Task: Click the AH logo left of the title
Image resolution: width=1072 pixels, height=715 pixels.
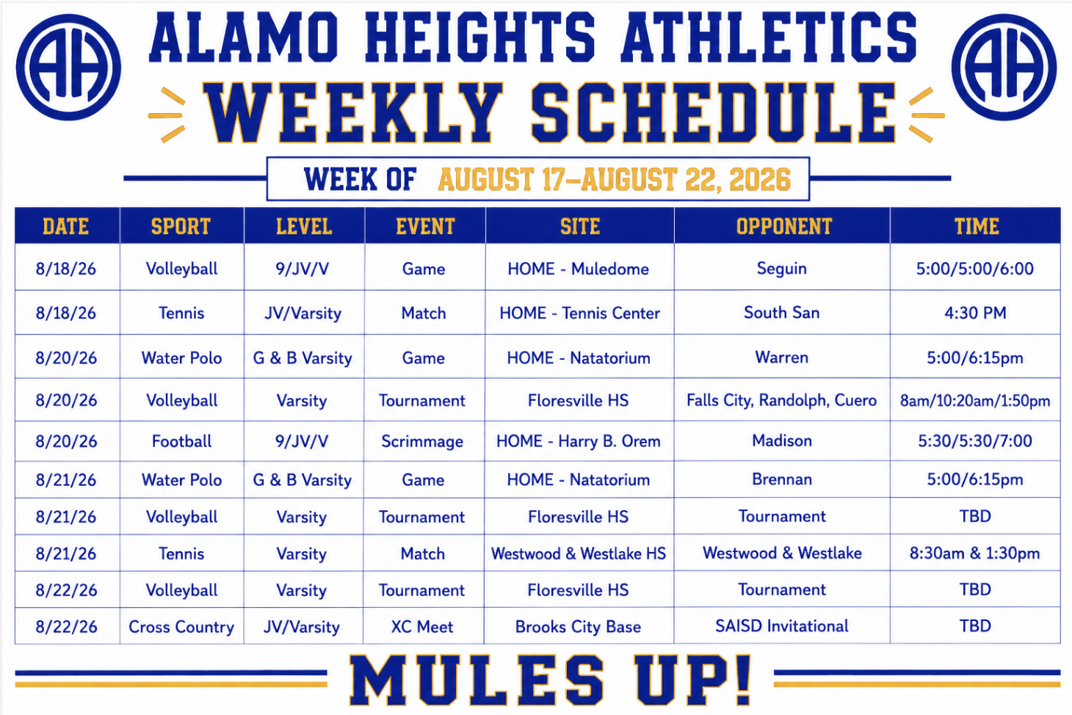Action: pos(68,67)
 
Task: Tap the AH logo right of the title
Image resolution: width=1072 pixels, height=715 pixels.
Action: pos(1004,67)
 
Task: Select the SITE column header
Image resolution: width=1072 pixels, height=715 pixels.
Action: pos(580,226)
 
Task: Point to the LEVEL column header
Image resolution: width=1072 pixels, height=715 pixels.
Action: pos(304,226)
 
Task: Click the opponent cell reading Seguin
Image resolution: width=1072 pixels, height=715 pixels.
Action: pos(781,268)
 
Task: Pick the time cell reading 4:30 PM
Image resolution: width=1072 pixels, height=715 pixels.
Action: pos(975,313)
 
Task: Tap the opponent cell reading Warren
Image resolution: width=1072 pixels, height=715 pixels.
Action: pos(781,357)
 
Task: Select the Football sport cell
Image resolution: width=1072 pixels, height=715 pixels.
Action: pos(181,440)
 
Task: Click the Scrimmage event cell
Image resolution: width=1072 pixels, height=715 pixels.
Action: pos(422,441)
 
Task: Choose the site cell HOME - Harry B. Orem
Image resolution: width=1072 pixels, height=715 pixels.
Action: pos(578,440)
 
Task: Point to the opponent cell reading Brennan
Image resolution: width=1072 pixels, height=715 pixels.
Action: pos(781,479)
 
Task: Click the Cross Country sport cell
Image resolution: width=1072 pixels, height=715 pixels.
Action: pos(181,626)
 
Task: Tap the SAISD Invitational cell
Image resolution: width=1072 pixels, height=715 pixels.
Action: pos(781,626)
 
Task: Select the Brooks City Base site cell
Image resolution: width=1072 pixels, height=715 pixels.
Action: pos(578,626)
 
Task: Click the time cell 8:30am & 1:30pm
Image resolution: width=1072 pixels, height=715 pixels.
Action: pos(975,554)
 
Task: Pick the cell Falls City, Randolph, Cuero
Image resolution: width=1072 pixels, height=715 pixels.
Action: pos(781,400)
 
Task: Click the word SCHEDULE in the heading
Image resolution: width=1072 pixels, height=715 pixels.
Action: pos(713,113)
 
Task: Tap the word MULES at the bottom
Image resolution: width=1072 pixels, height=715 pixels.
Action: pos(477,680)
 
